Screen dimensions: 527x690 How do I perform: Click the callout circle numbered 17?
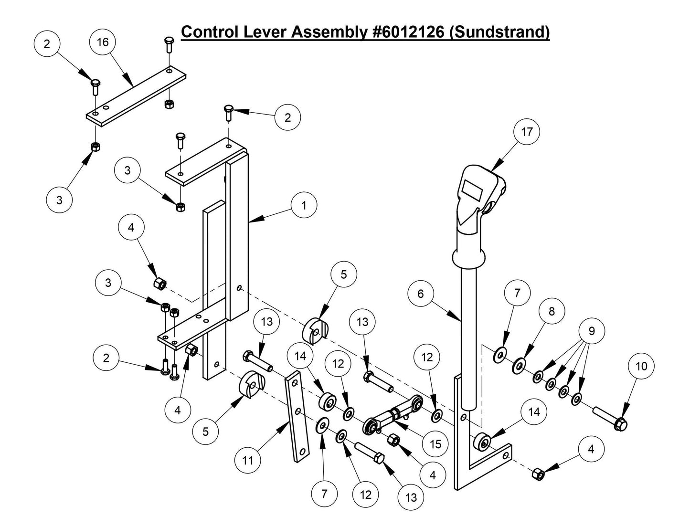coord(526,132)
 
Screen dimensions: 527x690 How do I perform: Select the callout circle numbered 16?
coord(103,42)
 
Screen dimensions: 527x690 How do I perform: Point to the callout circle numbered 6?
coord(420,293)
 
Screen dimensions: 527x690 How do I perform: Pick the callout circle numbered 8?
coord(552,311)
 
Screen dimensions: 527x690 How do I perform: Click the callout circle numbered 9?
coord(592,331)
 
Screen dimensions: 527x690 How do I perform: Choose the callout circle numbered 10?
coord(641,366)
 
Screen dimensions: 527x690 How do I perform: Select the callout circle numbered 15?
coord(435,444)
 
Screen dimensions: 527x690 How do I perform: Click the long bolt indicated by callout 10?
coord(609,417)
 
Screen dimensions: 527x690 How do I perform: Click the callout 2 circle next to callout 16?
coord(47,44)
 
